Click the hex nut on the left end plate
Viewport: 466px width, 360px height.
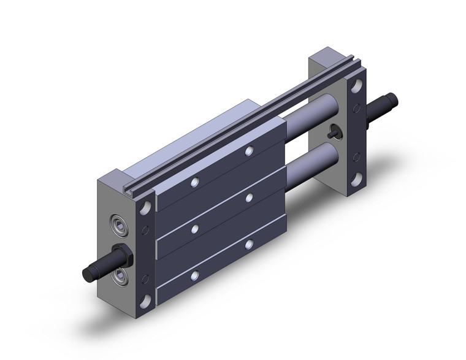point(120,253)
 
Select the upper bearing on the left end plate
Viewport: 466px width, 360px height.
point(117,223)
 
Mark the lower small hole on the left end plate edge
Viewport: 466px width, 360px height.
point(146,279)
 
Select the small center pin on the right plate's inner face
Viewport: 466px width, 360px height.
point(334,131)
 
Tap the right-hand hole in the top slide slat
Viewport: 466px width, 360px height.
point(249,150)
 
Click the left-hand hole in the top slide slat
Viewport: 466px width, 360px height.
point(194,182)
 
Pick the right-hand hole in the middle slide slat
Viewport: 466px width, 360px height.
point(249,197)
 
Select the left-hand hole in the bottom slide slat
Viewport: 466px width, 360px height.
point(194,275)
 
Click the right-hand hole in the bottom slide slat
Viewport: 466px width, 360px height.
point(249,243)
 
